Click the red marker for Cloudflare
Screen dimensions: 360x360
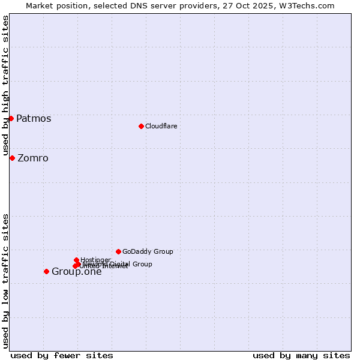(141, 126)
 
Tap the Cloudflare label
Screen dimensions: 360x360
(161, 126)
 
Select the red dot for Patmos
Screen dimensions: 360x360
(11, 118)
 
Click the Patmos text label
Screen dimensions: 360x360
(34, 118)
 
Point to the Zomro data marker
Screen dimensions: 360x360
(12, 158)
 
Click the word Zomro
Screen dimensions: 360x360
(33, 158)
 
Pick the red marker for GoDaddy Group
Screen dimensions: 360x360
(118, 251)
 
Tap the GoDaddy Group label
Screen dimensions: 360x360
(148, 251)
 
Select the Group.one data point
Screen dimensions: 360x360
(46, 271)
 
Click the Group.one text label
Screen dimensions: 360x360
(77, 272)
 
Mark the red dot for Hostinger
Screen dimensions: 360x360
(76, 260)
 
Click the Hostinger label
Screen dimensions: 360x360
(95, 260)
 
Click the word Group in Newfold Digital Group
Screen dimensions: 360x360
(142, 264)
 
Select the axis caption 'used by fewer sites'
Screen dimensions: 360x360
(62, 355)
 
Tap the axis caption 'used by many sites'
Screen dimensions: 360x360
(301, 355)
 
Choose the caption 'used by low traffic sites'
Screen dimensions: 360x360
(5, 280)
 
